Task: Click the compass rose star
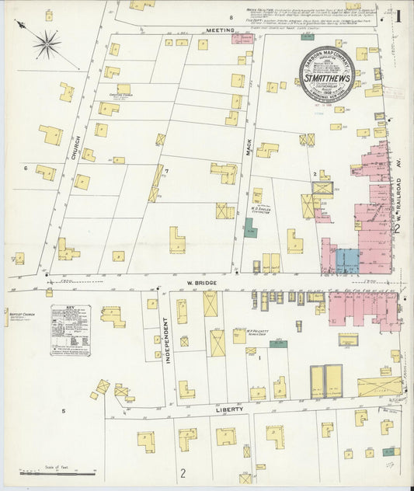coord(47,44)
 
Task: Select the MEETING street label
coord(220,30)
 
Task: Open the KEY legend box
coord(71,330)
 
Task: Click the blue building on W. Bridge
coord(347,260)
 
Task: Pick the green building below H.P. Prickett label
coord(279,343)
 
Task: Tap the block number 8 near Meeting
coord(231,16)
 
